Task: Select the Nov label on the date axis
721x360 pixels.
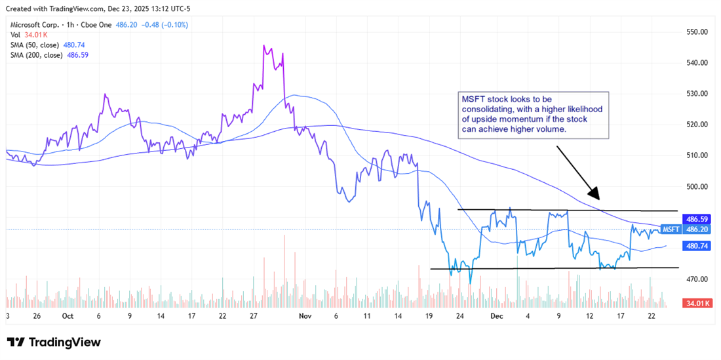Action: pyautogui.click(x=304, y=315)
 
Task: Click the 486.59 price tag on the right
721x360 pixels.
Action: pyautogui.click(x=695, y=219)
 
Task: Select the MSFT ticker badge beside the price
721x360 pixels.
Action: pyautogui.click(x=671, y=230)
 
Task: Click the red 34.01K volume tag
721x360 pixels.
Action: pyautogui.click(x=695, y=304)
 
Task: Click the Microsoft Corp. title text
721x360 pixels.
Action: pyautogui.click(x=33, y=24)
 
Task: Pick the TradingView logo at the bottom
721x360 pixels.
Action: pyautogui.click(x=54, y=342)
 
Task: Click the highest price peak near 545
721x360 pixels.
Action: pyautogui.click(x=264, y=46)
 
